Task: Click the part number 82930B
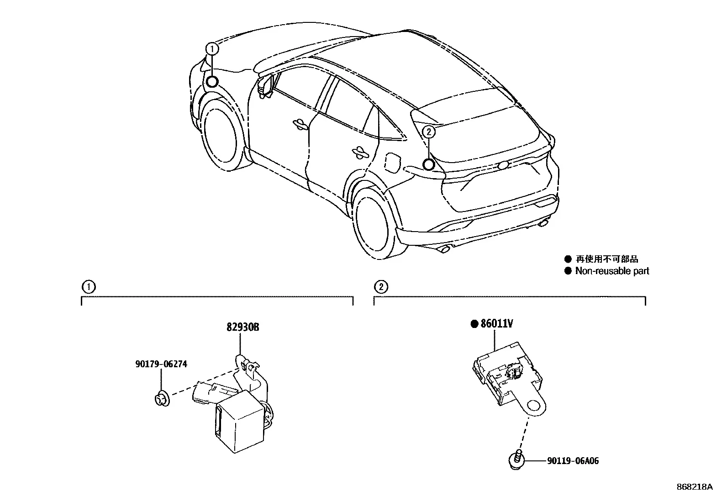point(243,327)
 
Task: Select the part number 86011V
point(496,323)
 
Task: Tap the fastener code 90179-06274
point(161,364)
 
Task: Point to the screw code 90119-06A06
point(573,461)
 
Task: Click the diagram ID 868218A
point(695,487)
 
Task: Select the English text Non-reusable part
point(612,271)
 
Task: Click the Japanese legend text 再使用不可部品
point(607,259)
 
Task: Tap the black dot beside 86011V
point(474,324)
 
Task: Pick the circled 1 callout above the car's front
point(212,49)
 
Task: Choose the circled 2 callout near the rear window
point(429,132)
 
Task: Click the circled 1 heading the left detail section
point(89,287)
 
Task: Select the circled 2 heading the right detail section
point(381,287)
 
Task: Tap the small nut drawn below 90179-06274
point(162,399)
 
